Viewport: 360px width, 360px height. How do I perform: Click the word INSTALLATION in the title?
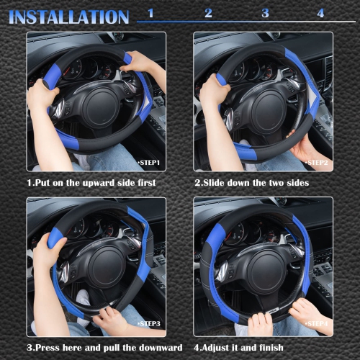point(69,17)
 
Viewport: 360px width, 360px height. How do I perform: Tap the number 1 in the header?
point(150,14)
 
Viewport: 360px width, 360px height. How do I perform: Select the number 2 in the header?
point(208,14)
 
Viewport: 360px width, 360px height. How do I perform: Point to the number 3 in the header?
point(265,14)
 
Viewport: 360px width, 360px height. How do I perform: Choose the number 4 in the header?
point(320,14)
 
